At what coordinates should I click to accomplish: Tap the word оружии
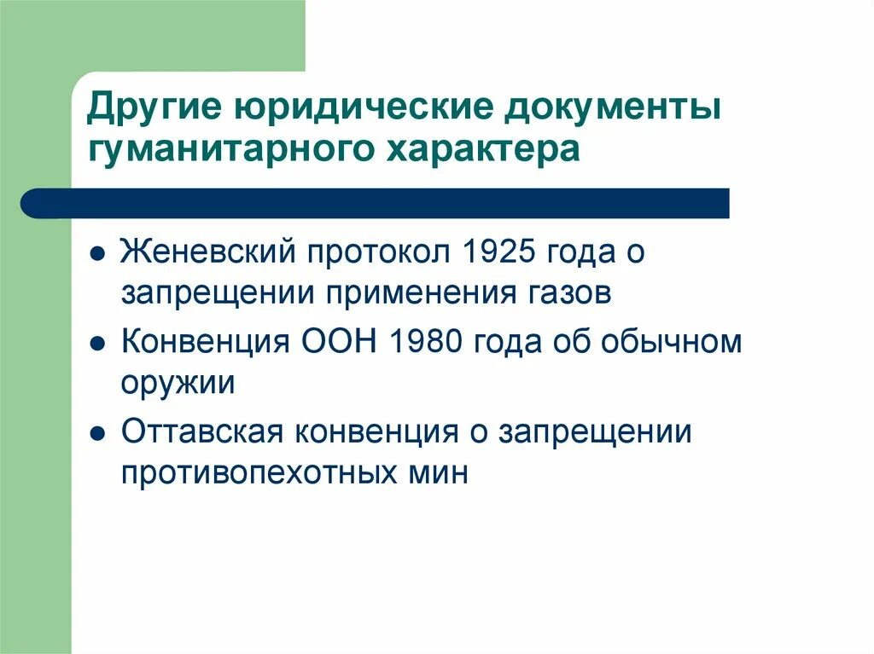(x=178, y=384)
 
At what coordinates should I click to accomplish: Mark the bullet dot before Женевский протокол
(x=99, y=254)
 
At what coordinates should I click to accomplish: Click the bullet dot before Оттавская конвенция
(x=99, y=435)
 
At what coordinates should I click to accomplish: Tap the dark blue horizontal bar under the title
(x=376, y=203)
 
